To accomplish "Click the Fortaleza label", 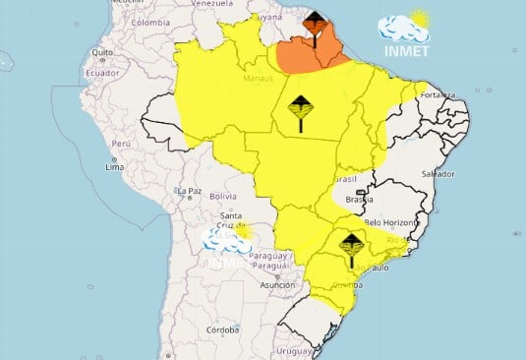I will tap(436, 94).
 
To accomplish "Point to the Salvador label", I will tap(438, 173).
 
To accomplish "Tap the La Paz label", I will tap(189, 190).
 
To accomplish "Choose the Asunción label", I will tap(278, 284).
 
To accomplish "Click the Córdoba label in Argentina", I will tap(222, 330).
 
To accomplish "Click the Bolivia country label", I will tap(223, 197).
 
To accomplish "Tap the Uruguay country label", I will tap(294, 349).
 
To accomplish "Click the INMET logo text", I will tap(403, 52).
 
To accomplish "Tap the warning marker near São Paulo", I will tap(351, 248).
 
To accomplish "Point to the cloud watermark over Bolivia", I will tap(227, 239).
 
